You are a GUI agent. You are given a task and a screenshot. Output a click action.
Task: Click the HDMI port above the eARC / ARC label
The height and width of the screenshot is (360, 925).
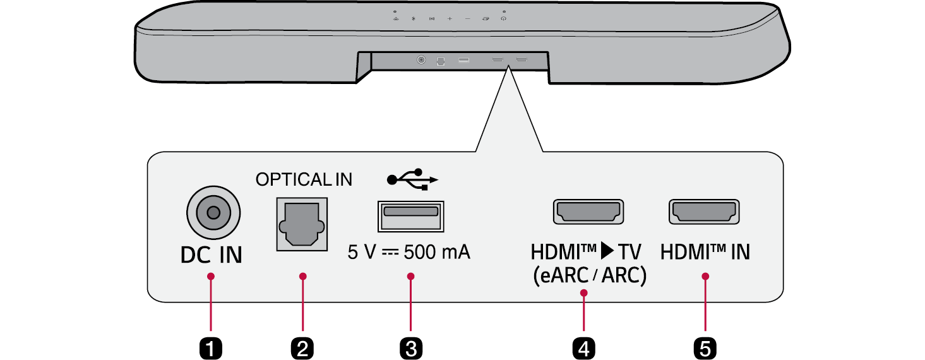coord(588,212)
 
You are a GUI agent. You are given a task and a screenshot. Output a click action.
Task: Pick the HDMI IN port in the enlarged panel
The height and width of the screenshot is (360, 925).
coord(704,212)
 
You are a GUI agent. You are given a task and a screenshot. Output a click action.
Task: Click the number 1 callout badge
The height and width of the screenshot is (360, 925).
coord(211,347)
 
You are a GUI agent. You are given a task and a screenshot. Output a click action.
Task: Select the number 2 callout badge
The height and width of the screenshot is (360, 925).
coord(303,347)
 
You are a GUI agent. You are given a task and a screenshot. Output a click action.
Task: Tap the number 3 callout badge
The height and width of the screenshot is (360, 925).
coord(411,347)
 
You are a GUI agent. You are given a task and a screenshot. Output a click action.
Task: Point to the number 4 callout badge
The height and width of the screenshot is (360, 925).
coord(585,347)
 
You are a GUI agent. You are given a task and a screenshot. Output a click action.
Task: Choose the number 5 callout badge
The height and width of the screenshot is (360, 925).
coord(705,347)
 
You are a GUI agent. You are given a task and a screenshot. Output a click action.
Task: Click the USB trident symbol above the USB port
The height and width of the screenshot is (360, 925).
coord(412,180)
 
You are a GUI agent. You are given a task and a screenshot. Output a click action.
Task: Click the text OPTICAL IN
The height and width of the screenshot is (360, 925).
coord(304,180)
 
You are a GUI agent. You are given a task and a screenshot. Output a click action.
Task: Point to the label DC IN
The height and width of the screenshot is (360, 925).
coord(211,255)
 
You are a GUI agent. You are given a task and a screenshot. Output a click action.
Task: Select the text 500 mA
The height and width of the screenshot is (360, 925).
coord(437,253)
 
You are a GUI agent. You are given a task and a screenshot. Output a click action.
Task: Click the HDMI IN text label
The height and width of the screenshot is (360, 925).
coord(705,253)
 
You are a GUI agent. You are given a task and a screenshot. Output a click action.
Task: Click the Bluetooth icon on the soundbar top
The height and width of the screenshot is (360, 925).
coord(414,19)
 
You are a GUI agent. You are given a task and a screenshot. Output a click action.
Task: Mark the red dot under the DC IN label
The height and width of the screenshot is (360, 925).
coord(211,276)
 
